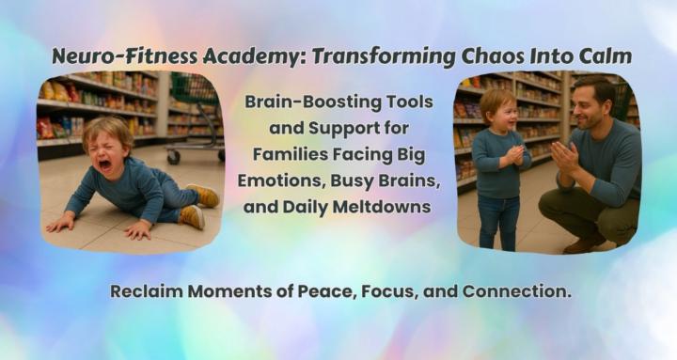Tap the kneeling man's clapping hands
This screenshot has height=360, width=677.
567,157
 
